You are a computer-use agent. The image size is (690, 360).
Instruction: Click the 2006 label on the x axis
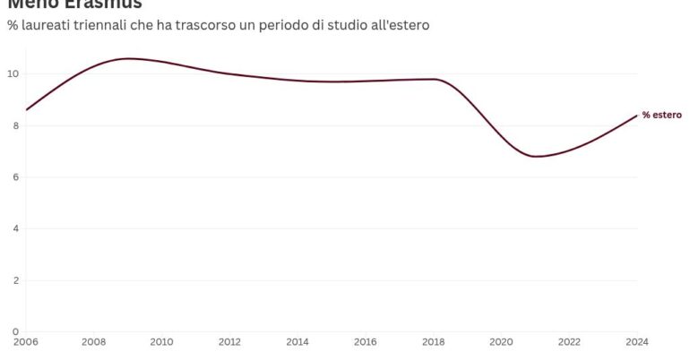click(x=25, y=341)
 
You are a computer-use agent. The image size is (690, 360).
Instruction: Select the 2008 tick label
click(x=93, y=341)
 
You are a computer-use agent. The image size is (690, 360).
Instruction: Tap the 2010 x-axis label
click(x=161, y=341)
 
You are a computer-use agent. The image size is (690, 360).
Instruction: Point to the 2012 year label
click(x=229, y=341)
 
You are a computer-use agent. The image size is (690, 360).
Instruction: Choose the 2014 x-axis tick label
click(x=298, y=341)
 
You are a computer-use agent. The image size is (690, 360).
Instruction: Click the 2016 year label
click(x=366, y=341)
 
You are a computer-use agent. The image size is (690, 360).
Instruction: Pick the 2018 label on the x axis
click(x=434, y=341)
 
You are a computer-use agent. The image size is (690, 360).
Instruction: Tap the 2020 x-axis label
click(x=502, y=341)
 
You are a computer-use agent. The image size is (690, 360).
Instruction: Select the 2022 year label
click(x=569, y=341)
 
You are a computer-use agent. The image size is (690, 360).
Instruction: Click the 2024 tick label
click(x=636, y=341)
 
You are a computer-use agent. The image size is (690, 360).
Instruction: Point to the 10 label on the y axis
click(x=13, y=74)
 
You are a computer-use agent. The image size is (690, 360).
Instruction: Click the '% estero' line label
click(x=661, y=116)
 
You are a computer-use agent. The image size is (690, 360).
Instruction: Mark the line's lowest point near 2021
click(x=536, y=157)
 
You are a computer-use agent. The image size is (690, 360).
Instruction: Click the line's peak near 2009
click(x=128, y=58)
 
